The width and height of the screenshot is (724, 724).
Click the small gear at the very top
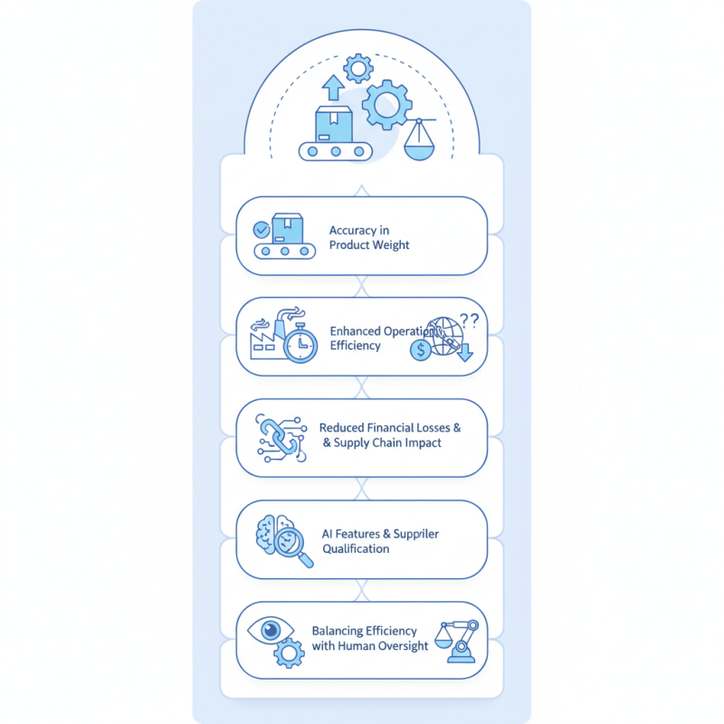(359, 67)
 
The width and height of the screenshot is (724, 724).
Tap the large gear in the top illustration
(387, 105)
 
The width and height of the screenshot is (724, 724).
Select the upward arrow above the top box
(333, 87)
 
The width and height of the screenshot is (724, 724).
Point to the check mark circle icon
(262, 230)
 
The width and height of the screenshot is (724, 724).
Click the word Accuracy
(353, 231)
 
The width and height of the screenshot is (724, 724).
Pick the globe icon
(443, 335)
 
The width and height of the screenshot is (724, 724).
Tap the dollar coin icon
(420, 350)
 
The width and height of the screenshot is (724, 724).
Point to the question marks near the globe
(470, 319)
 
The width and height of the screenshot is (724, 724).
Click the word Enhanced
(356, 331)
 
